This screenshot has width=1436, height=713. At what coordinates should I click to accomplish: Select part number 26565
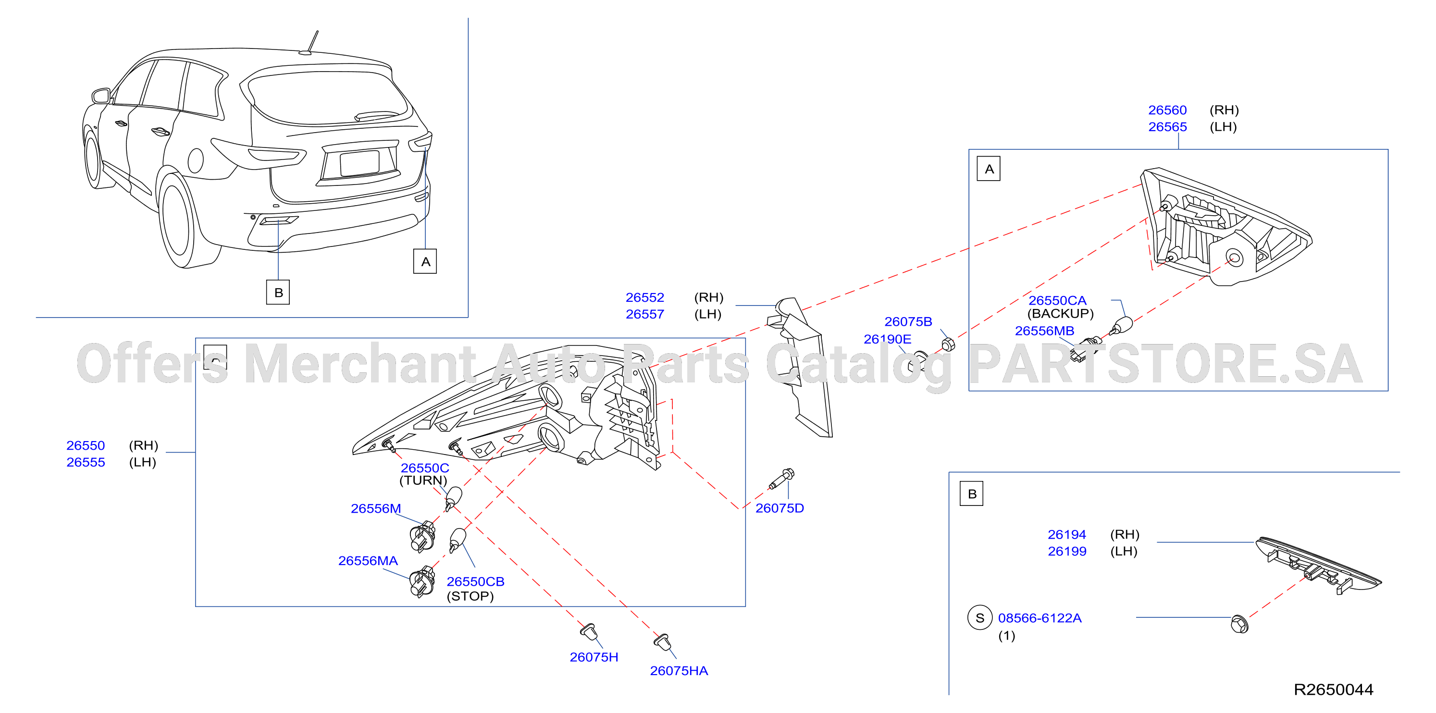(1167, 127)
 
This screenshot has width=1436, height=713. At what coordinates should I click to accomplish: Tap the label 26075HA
(679, 671)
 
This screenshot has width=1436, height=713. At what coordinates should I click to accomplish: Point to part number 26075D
(780, 508)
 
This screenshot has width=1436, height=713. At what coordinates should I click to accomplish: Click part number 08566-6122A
(1040, 618)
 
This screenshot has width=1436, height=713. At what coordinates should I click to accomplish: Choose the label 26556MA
(368, 561)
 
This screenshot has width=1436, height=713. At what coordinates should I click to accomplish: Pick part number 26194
(1067, 535)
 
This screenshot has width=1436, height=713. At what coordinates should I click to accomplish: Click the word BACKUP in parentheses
(1060, 314)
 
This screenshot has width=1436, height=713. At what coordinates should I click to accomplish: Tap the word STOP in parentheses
(470, 597)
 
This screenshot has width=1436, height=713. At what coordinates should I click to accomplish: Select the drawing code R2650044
(1334, 689)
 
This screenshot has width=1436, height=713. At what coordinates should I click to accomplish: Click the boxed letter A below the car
(425, 261)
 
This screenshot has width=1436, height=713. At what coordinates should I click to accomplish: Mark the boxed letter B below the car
(278, 292)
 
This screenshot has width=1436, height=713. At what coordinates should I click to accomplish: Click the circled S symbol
(980, 618)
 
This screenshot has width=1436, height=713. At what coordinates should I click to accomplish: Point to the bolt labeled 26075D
(781, 479)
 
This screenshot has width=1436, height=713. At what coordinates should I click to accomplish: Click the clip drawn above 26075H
(589, 632)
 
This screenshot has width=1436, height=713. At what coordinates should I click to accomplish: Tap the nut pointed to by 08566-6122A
(1239, 624)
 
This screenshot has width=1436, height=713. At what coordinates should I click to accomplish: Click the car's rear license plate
(360, 163)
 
